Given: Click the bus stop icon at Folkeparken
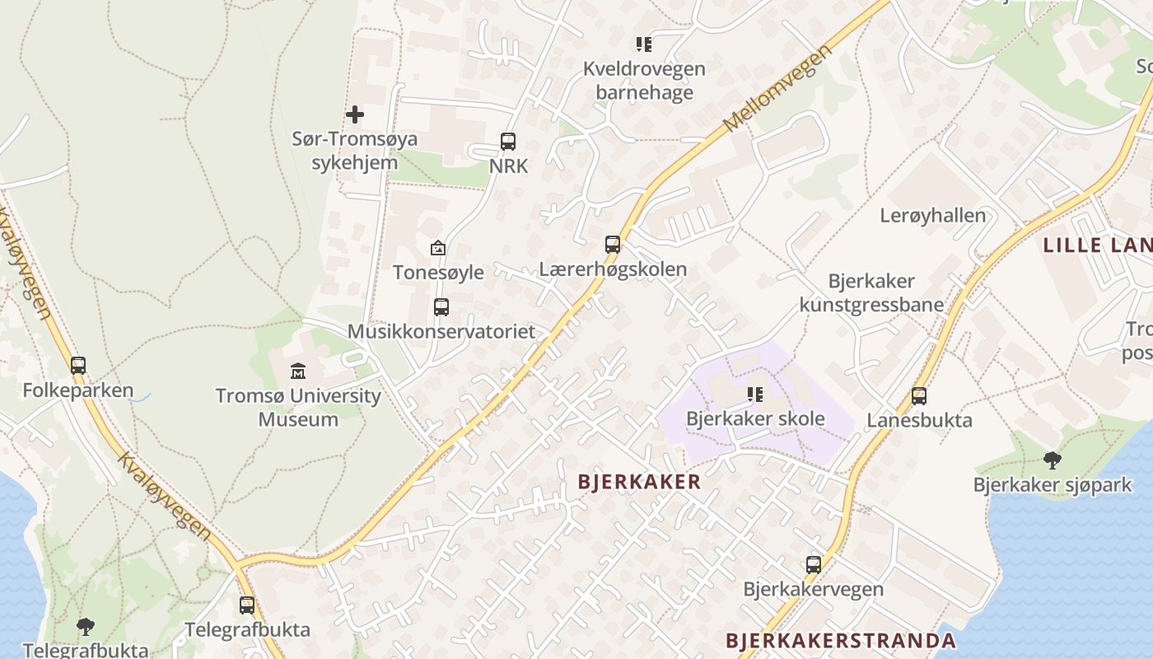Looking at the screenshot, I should coord(78,365).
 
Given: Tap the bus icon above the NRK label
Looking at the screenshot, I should coord(508,141).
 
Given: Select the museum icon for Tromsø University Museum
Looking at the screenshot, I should coord(298,372).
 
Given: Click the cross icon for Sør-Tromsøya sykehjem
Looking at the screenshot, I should coord(355,115).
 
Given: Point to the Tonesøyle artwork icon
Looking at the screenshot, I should coord(438,247).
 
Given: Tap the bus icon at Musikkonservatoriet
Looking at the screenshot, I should coord(441,307).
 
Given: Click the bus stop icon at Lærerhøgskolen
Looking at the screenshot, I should coord(613,244).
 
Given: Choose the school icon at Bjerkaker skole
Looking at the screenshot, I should coord(755,395).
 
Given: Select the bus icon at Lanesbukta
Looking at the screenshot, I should coord(919,396).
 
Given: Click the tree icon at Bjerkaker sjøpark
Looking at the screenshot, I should coord(1052,460).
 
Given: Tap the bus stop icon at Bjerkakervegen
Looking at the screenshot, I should coord(814,565).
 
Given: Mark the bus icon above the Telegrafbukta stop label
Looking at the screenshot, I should coord(247,605).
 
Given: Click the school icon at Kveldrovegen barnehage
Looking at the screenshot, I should coord(643,44).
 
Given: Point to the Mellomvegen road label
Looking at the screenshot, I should coord(778,89).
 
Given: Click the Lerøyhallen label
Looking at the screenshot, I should coord(933,216).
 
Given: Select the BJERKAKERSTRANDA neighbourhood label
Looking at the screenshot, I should coord(841,641).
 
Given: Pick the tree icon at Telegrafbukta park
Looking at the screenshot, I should coord(86,627).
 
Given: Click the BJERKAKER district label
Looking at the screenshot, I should coord(639,482).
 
